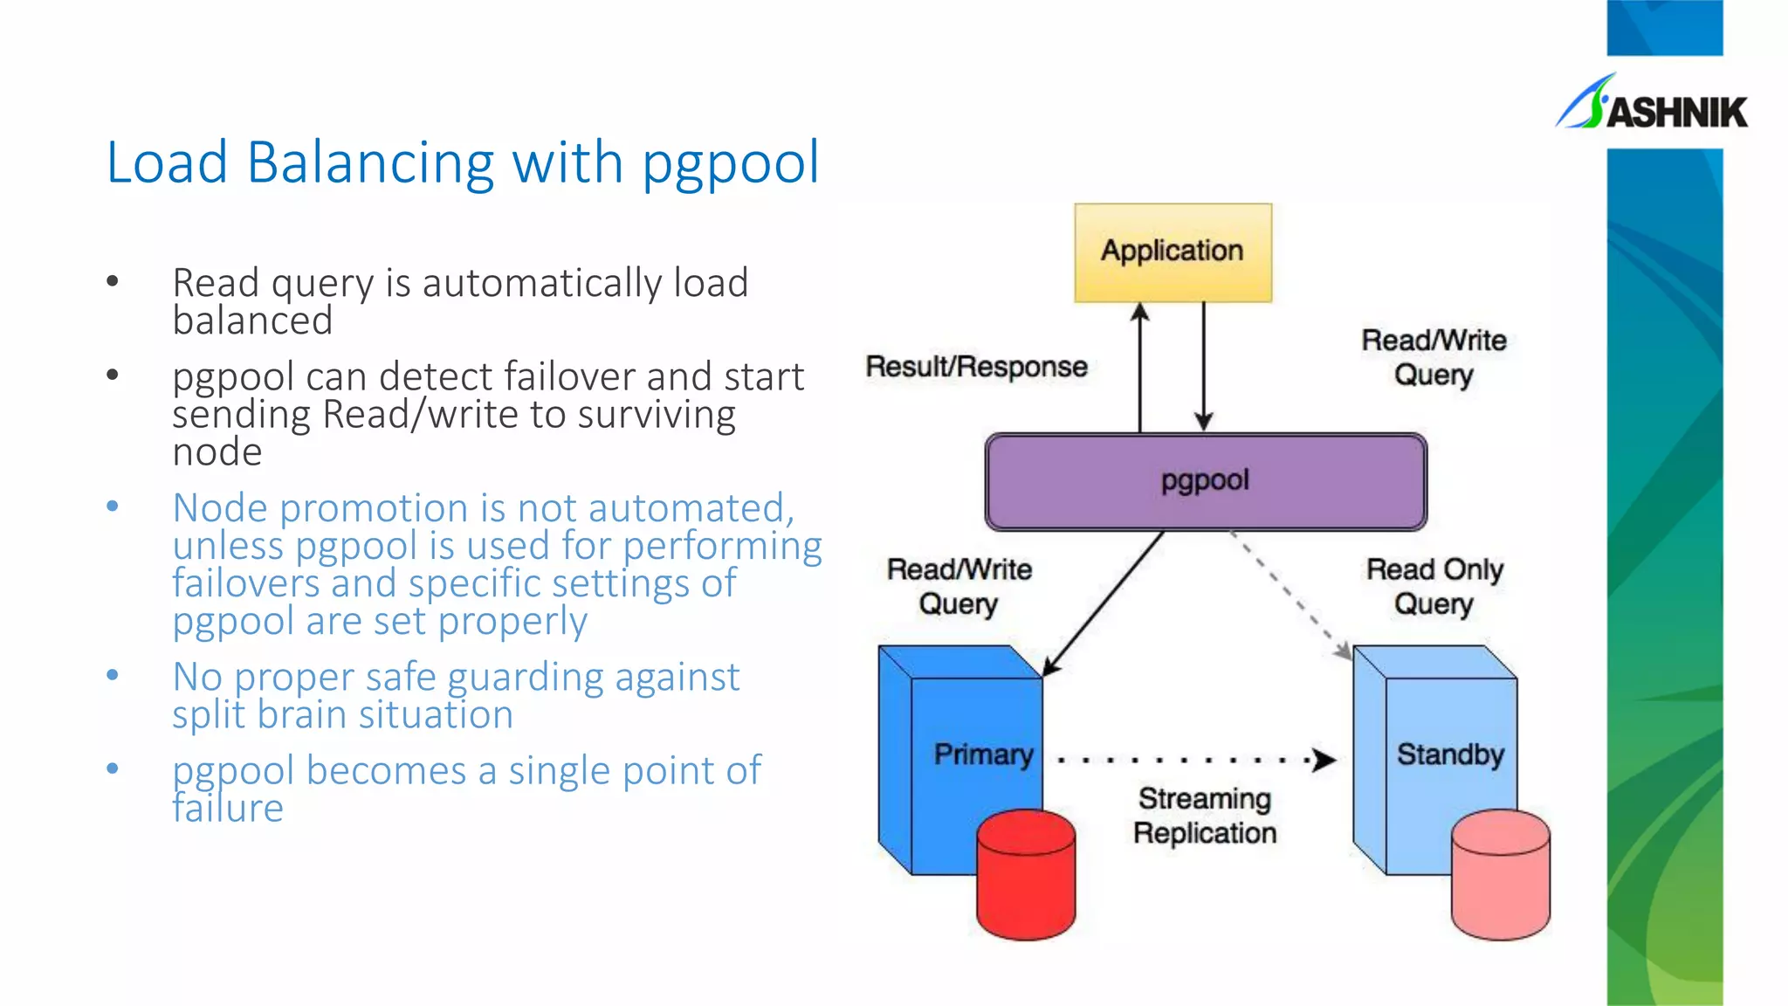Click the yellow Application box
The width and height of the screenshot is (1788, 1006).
[x=1173, y=252]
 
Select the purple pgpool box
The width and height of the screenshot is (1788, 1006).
[x=1205, y=481]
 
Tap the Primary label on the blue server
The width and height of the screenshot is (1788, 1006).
[x=983, y=754]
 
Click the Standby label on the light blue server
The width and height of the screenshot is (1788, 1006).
[x=1450, y=754]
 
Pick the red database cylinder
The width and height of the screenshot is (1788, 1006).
[x=1026, y=875]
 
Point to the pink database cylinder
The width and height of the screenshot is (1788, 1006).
[x=1500, y=875]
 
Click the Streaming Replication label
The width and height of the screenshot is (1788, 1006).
[x=1205, y=815]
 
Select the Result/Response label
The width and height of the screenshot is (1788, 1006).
[x=976, y=367]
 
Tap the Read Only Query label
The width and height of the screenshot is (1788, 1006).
[x=1434, y=586]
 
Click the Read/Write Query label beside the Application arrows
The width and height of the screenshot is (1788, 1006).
[x=1434, y=357]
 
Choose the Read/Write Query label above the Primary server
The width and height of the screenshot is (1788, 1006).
[x=959, y=586]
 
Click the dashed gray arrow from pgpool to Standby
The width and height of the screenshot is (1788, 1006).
[x=1290, y=594]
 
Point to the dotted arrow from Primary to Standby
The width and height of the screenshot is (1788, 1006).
[x=1196, y=760]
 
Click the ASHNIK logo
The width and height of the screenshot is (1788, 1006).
[x=1652, y=105]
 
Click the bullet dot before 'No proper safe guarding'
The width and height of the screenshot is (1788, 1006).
[x=113, y=675]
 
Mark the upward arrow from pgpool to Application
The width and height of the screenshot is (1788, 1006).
[x=1139, y=367]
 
